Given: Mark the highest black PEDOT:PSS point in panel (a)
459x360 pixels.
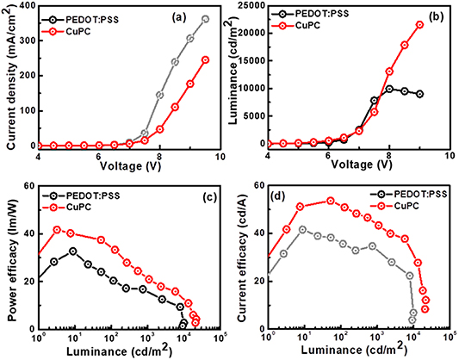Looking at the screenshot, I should click(x=205, y=19).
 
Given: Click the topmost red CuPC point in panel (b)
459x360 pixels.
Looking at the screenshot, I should click(x=419, y=25).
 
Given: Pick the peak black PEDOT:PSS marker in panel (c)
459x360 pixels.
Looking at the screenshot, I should click(x=73, y=251).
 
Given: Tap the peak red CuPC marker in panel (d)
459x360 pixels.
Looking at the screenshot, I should click(x=330, y=201).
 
